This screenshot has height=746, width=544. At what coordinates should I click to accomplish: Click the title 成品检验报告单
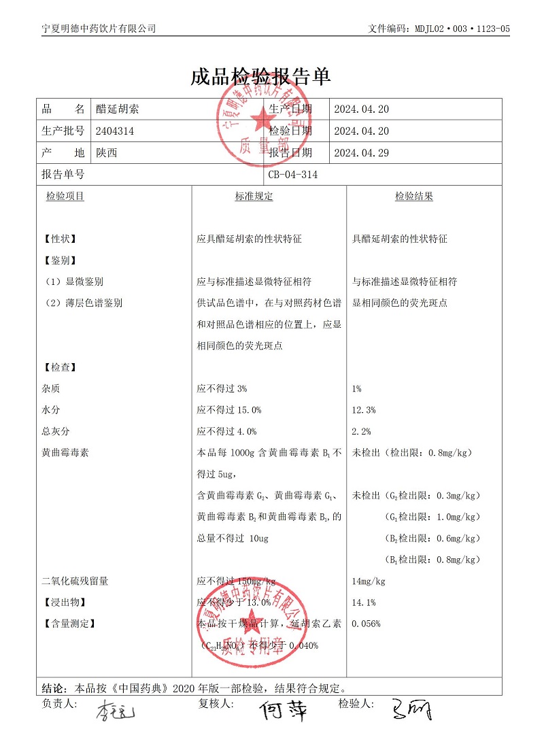click(x=260, y=77)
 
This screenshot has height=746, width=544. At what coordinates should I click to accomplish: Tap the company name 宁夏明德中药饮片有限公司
click(x=99, y=29)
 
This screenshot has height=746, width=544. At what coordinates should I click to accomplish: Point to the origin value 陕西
click(x=107, y=153)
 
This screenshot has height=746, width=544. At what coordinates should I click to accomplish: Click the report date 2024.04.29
click(x=361, y=153)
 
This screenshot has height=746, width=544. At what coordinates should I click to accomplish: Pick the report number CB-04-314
click(x=293, y=175)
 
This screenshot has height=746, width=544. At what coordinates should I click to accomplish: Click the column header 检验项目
click(x=65, y=197)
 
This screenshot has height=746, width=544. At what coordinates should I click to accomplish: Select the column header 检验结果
click(x=414, y=197)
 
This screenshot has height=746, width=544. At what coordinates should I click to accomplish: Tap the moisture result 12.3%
click(x=364, y=410)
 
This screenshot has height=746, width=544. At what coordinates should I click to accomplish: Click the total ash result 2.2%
click(x=361, y=431)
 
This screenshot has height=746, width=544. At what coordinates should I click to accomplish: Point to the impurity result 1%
click(x=357, y=389)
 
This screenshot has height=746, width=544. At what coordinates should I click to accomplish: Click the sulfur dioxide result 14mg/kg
click(x=369, y=581)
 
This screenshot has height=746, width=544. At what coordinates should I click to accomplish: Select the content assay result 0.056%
click(x=366, y=624)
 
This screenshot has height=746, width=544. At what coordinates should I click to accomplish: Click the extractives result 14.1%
click(x=364, y=603)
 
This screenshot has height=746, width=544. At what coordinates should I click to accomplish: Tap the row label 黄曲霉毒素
click(x=65, y=452)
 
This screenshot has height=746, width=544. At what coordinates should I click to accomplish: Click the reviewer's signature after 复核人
click(x=282, y=711)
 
